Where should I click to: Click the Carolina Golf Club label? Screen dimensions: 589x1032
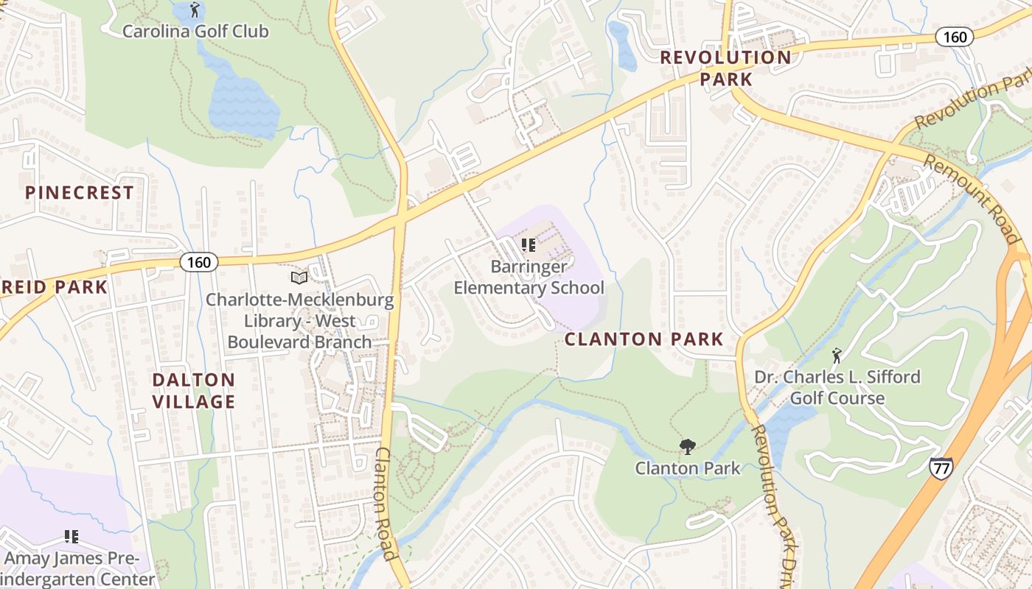[x=195, y=32]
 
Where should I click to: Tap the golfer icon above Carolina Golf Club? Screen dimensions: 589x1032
[x=195, y=10]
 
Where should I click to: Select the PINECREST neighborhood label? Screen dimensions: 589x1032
[x=80, y=193]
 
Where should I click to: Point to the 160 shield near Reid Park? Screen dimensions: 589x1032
[x=199, y=262]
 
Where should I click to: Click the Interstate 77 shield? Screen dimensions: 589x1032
[x=941, y=468]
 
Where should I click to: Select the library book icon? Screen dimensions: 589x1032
[x=299, y=278]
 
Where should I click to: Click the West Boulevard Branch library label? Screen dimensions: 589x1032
[x=299, y=321]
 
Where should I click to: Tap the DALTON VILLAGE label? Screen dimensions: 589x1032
[x=194, y=391]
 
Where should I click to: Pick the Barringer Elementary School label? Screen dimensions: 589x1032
[x=529, y=277]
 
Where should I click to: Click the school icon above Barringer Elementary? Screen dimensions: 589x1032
[x=528, y=244]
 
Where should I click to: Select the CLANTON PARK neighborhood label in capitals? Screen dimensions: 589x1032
[x=644, y=339]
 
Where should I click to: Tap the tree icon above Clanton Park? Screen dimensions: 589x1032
[x=688, y=446]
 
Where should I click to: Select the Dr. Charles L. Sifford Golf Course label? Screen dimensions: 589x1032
[x=837, y=387]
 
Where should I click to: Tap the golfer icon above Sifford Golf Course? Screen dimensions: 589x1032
[x=837, y=356]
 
